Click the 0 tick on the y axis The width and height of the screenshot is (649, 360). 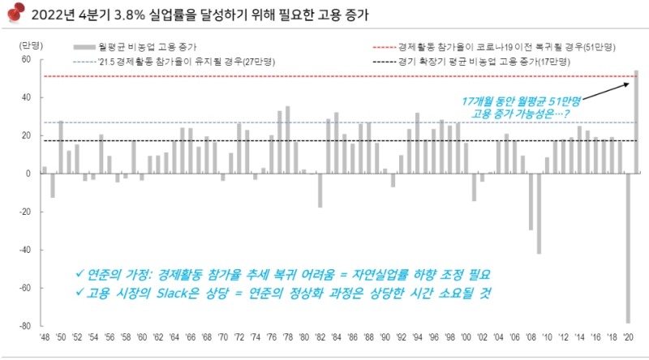coord(28,174)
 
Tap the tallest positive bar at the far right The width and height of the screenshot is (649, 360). coord(636,122)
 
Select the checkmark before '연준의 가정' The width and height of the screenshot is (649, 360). coord(78,273)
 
